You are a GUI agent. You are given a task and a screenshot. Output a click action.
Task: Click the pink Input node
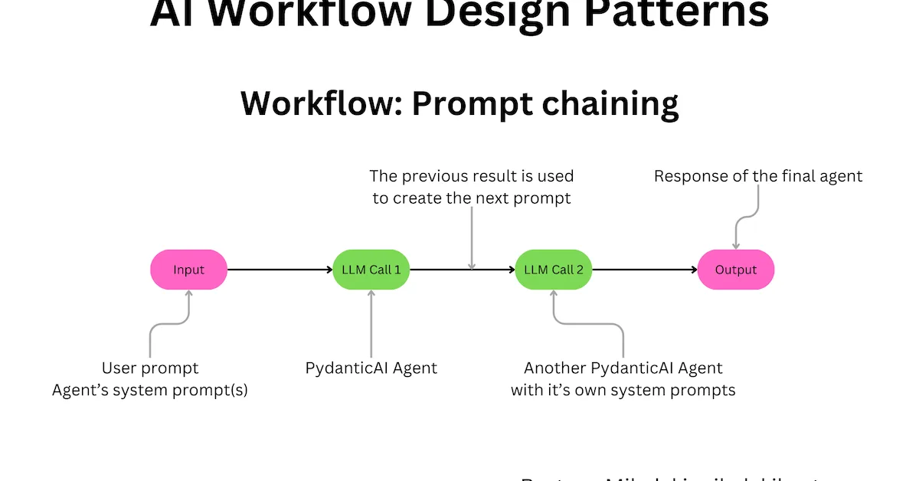[x=188, y=270]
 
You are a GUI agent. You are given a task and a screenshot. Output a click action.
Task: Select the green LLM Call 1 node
[x=371, y=270]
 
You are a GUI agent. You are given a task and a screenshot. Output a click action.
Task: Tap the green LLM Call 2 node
[x=553, y=270]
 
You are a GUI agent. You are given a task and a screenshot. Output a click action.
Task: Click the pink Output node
[x=735, y=270]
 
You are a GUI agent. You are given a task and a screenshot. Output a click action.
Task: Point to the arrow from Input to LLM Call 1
[x=280, y=270]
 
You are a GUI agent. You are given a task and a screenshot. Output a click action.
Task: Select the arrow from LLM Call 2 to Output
[x=644, y=270]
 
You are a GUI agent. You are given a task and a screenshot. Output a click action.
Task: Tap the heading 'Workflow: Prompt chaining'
[x=459, y=103]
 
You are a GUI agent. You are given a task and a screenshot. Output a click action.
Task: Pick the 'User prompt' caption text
[x=150, y=368]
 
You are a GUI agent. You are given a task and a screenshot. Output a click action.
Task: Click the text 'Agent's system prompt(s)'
[x=150, y=391]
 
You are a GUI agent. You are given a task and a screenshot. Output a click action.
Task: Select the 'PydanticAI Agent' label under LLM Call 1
[x=371, y=368]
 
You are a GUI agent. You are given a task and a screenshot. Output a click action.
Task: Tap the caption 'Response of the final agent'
[x=757, y=177]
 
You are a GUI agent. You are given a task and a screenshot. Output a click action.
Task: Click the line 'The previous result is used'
[x=471, y=177]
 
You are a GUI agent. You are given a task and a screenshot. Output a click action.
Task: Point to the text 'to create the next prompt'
[x=471, y=198]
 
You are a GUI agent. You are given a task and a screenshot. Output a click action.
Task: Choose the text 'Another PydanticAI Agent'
[x=623, y=368]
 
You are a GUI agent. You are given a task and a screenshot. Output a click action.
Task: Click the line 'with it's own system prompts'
[x=623, y=391]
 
